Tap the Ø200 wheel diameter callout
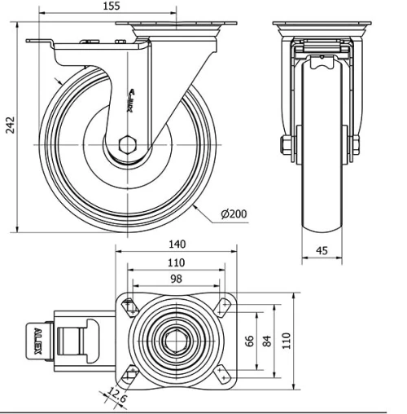point(234,214)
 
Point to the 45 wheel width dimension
point(322,252)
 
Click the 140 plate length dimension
point(177,244)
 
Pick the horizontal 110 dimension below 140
point(175,263)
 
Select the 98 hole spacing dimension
point(175,280)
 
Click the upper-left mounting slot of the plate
point(129,307)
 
